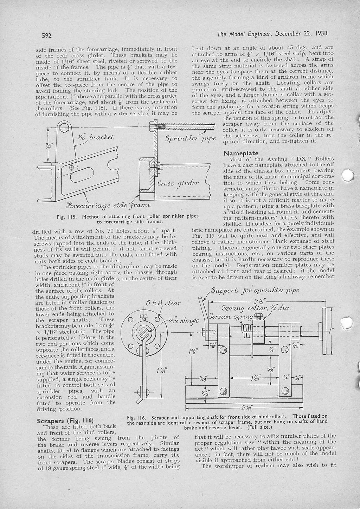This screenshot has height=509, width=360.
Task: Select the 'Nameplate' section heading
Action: coord(241,153)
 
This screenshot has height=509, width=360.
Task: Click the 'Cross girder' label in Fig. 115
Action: coord(178,183)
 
